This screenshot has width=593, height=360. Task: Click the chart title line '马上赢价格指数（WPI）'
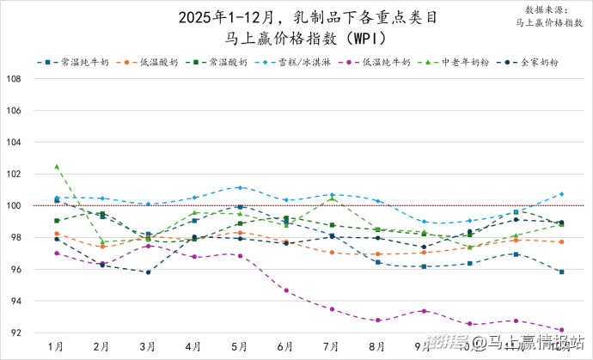[296, 39]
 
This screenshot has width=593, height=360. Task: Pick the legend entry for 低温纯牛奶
[385, 63]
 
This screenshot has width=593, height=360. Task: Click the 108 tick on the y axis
[14, 79]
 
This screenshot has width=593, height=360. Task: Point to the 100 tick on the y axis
[14, 206]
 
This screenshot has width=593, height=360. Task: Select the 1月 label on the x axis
[56, 345]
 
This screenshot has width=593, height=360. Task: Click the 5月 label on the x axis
[240, 345]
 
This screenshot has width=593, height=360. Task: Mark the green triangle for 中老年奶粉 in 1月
[57, 167]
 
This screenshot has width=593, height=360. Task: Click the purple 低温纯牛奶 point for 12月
[562, 330]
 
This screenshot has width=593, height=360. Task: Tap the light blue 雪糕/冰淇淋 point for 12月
[562, 194]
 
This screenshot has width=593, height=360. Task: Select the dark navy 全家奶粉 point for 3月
[148, 272]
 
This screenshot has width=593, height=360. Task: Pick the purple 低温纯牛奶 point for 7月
[332, 308]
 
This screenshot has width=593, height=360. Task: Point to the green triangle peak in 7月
[332, 198]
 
